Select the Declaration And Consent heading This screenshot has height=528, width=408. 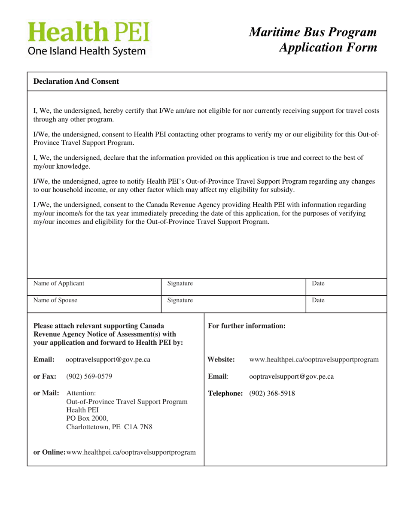click(x=76, y=81)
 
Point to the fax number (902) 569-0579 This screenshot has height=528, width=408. click(x=89, y=377)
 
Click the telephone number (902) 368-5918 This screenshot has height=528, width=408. click(x=272, y=393)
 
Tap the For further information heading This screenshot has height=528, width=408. click(x=247, y=326)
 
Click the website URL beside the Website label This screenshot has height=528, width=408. click(x=314, y=359)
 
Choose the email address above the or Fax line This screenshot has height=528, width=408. click(x=108, y=359)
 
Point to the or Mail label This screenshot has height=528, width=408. click(x=46, y=393)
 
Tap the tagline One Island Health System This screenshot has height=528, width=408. click(x=87, y=51)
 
